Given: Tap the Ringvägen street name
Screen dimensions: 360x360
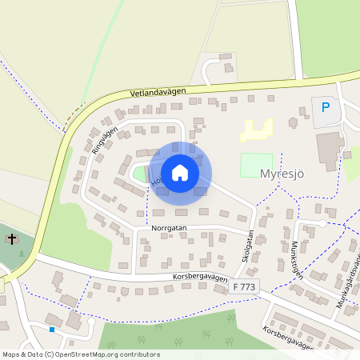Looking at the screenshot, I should (x=104, y=139).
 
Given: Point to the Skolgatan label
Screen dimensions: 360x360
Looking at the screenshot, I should (x=247, y=247).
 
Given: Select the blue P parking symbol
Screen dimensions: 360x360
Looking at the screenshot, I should (x=325, y=107).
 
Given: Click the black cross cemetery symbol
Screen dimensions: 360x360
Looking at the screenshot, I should (x=11, y=238).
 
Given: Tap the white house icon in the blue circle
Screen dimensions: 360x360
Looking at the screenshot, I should (x=180, y=172).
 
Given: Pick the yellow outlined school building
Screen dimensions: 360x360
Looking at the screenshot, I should (x=257, y=130).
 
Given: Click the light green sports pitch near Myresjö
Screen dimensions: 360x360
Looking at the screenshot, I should (x=256, y=165).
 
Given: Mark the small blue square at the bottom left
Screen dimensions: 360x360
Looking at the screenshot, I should (x=52, y=329).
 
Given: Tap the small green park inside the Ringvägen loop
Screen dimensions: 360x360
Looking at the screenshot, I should (x=141, y=173).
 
